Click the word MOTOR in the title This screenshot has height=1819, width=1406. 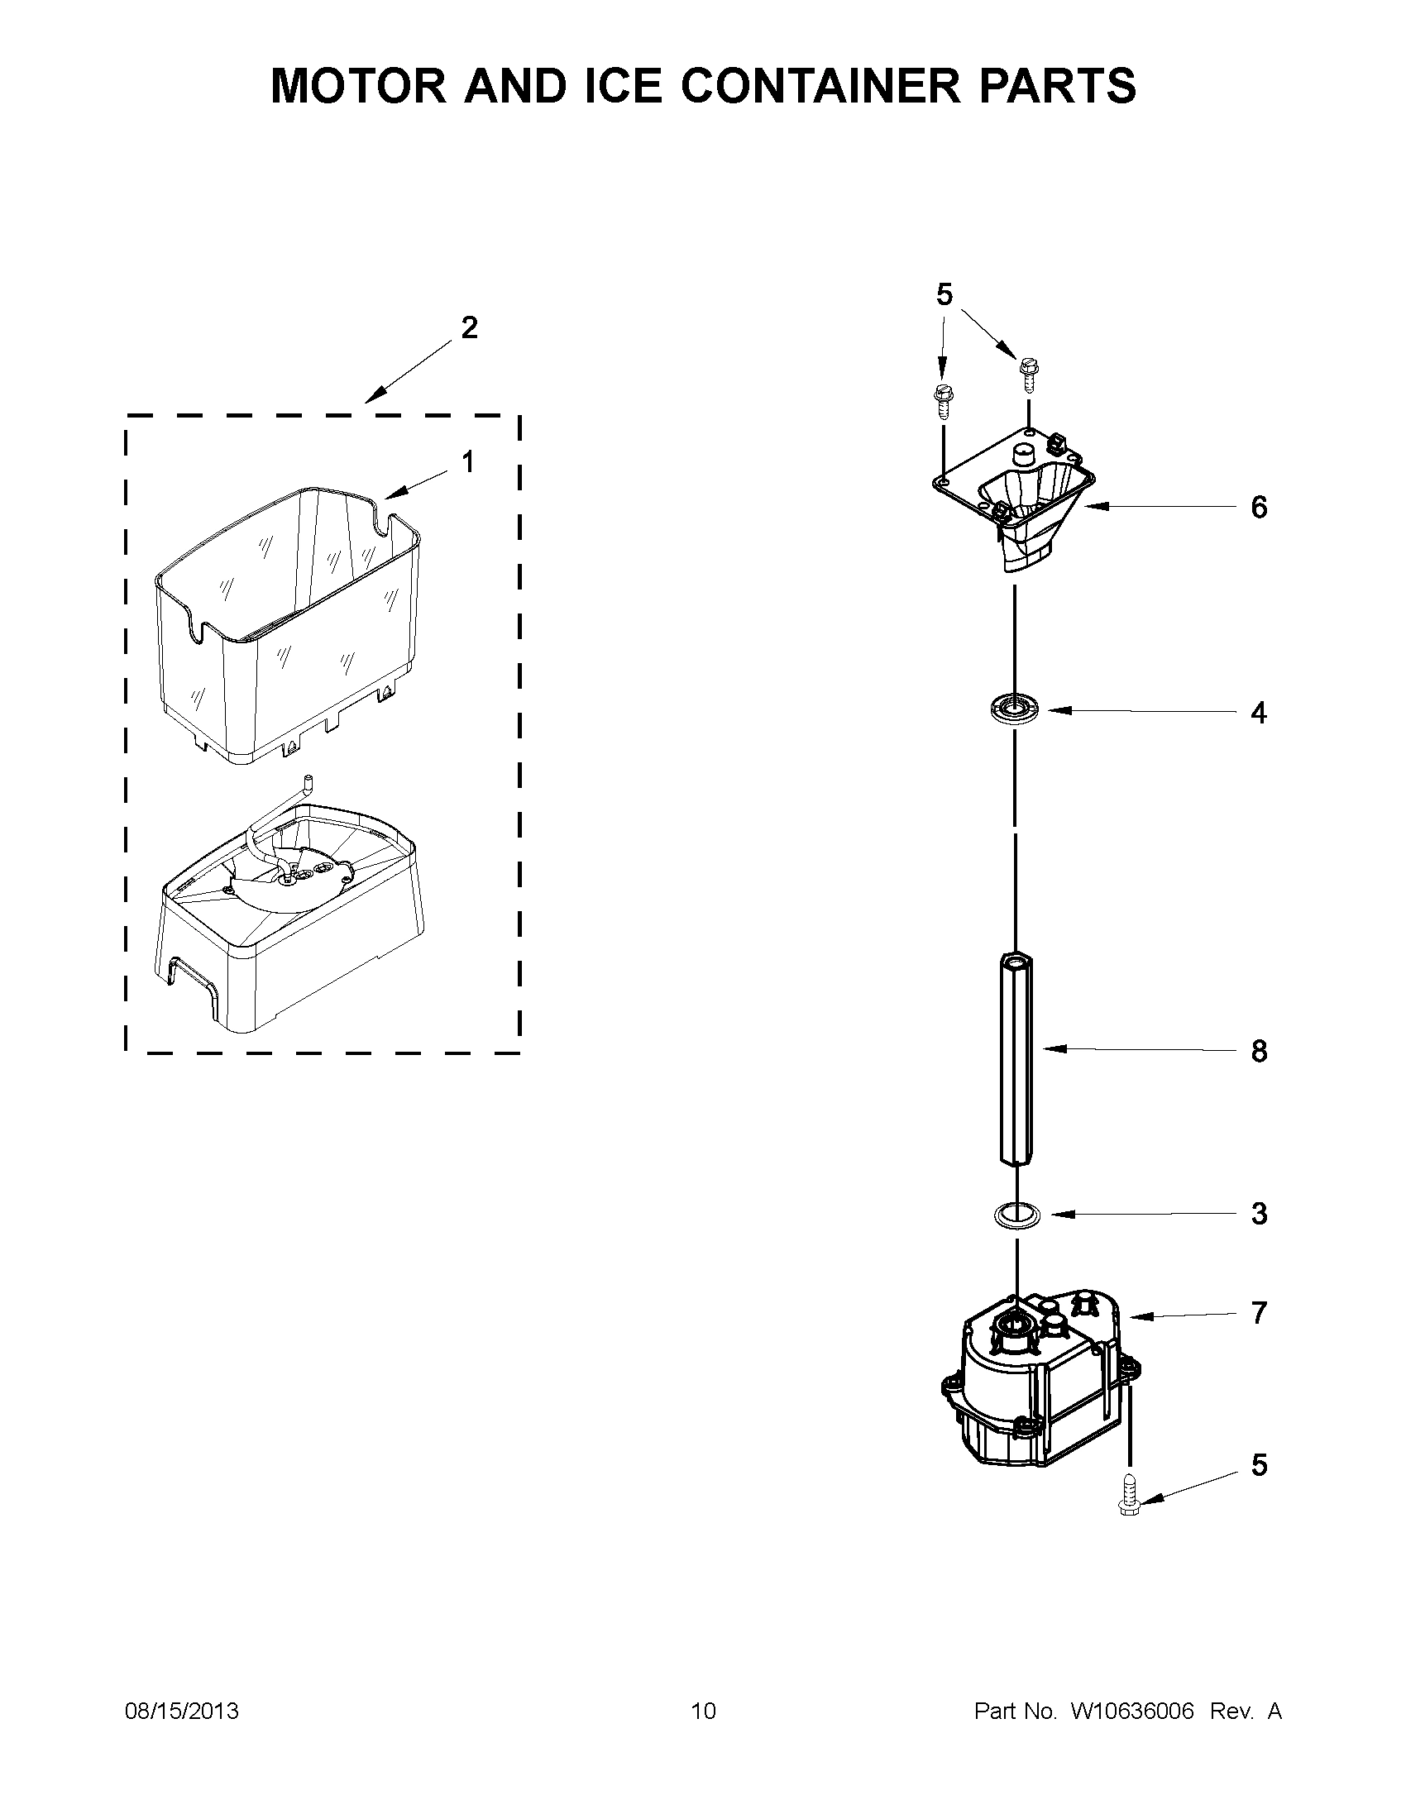point(358,86)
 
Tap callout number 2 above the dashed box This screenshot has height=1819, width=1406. point(469,327)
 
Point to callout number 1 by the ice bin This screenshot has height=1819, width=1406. point(468,461)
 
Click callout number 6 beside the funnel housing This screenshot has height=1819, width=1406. point(1259,506)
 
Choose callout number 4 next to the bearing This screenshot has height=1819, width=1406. point(1259,712)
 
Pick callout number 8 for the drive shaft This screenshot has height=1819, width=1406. point(1259,1051)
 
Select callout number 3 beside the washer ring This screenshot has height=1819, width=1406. point(1259,1214)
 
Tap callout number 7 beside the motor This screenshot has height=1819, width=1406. point(1259,1313)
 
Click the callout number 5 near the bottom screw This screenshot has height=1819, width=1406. point(1259,1464)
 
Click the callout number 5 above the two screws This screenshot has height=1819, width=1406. point(944,294)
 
